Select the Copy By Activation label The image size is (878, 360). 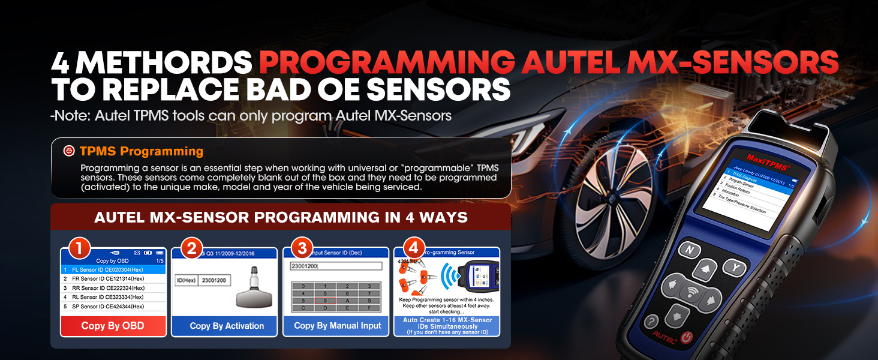227,326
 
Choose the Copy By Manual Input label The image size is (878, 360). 337,326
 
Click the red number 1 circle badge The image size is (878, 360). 80,248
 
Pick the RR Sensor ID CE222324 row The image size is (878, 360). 105,288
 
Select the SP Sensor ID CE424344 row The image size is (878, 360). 105,306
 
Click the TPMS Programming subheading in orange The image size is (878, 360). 142,151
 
